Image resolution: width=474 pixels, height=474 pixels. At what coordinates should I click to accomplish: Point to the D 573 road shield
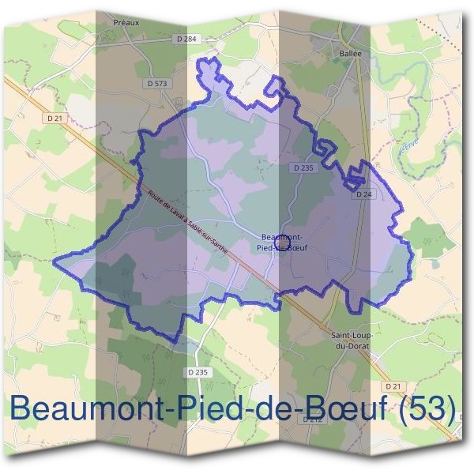(157, 83)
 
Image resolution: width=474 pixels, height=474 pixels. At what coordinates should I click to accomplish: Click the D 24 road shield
(363, 194)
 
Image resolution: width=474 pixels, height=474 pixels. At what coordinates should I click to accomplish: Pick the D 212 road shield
(314, 419)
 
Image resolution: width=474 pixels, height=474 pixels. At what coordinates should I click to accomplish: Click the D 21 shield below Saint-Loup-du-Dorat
(394, 385)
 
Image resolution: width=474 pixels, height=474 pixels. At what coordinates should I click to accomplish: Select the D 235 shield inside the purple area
(303, 167)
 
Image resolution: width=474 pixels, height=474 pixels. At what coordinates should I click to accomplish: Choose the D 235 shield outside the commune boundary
(199, 371)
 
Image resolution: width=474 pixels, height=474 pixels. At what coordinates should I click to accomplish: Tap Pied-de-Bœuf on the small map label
(283, 247)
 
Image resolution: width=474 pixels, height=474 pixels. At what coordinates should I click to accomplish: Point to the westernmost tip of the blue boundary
(54, 258)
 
